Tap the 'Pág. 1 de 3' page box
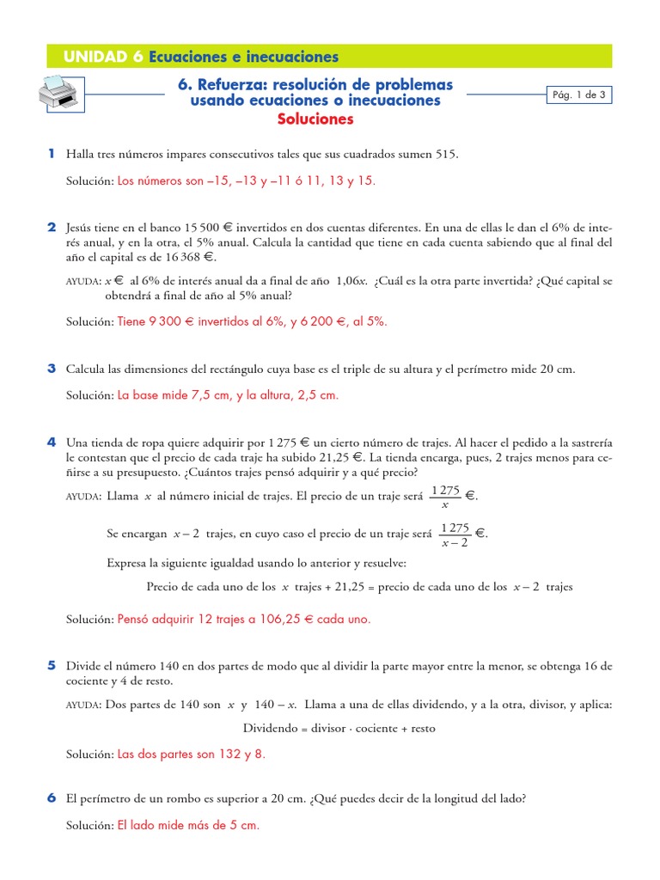pos(580,95)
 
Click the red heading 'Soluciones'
pos(315,119)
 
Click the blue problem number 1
pos(52,153)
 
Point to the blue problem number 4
pos(52,441)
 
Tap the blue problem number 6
pos(52,798)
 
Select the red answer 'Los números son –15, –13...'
pos(246,181)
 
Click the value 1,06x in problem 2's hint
pos(350,280)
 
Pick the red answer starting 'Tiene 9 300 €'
pos(252,321)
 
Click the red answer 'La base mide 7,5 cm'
pos(228,395)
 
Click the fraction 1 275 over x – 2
pos(456,535)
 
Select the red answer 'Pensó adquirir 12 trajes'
pos(243,619)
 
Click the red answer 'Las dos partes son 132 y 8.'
pos(191,754)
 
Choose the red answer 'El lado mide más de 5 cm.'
pos(187,825)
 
